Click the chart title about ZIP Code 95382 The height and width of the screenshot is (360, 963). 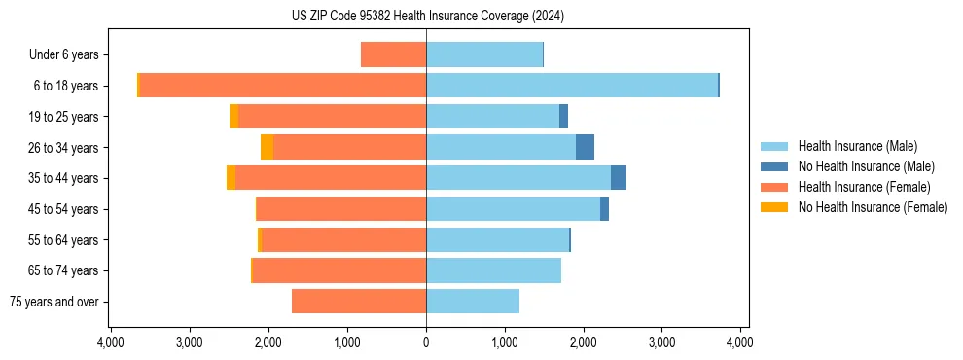point(427,17)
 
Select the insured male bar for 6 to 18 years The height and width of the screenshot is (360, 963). point(571,86)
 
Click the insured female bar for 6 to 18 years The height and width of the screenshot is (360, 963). point(282,86)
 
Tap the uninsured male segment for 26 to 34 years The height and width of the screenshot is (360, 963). point(585,147)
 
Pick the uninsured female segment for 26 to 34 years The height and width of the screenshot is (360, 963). point(267,147)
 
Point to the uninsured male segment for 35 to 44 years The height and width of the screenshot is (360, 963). point(619,178)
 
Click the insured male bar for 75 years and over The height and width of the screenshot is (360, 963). point(473,302)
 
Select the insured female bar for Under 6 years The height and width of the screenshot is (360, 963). point(393,54)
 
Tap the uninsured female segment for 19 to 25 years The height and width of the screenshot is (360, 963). point(233,117)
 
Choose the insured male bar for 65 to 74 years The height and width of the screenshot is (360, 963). point(493,270)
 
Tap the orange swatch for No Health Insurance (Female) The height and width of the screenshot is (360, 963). point(774,207)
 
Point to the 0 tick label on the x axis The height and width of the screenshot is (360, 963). point(426,342)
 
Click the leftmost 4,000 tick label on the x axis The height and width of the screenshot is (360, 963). point(110,342)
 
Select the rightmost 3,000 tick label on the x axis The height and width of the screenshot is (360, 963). point(661,342)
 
